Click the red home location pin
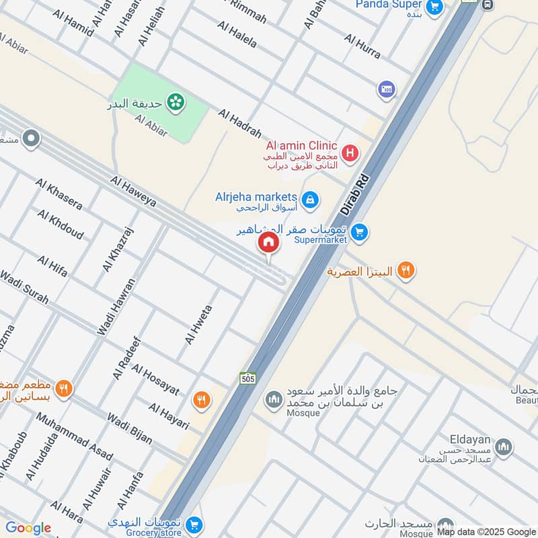coord(268,243)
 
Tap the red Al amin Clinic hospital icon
coord(350,155)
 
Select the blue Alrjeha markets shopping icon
coord(309,199)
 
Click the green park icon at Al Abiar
coord(176,102)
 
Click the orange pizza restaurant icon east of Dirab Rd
coord(405,270)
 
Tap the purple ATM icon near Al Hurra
coord(386,89)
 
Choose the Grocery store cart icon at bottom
coord(194,525)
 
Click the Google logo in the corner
coord(28,528)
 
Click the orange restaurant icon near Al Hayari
coord(200,401)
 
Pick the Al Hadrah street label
coord(240,125)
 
